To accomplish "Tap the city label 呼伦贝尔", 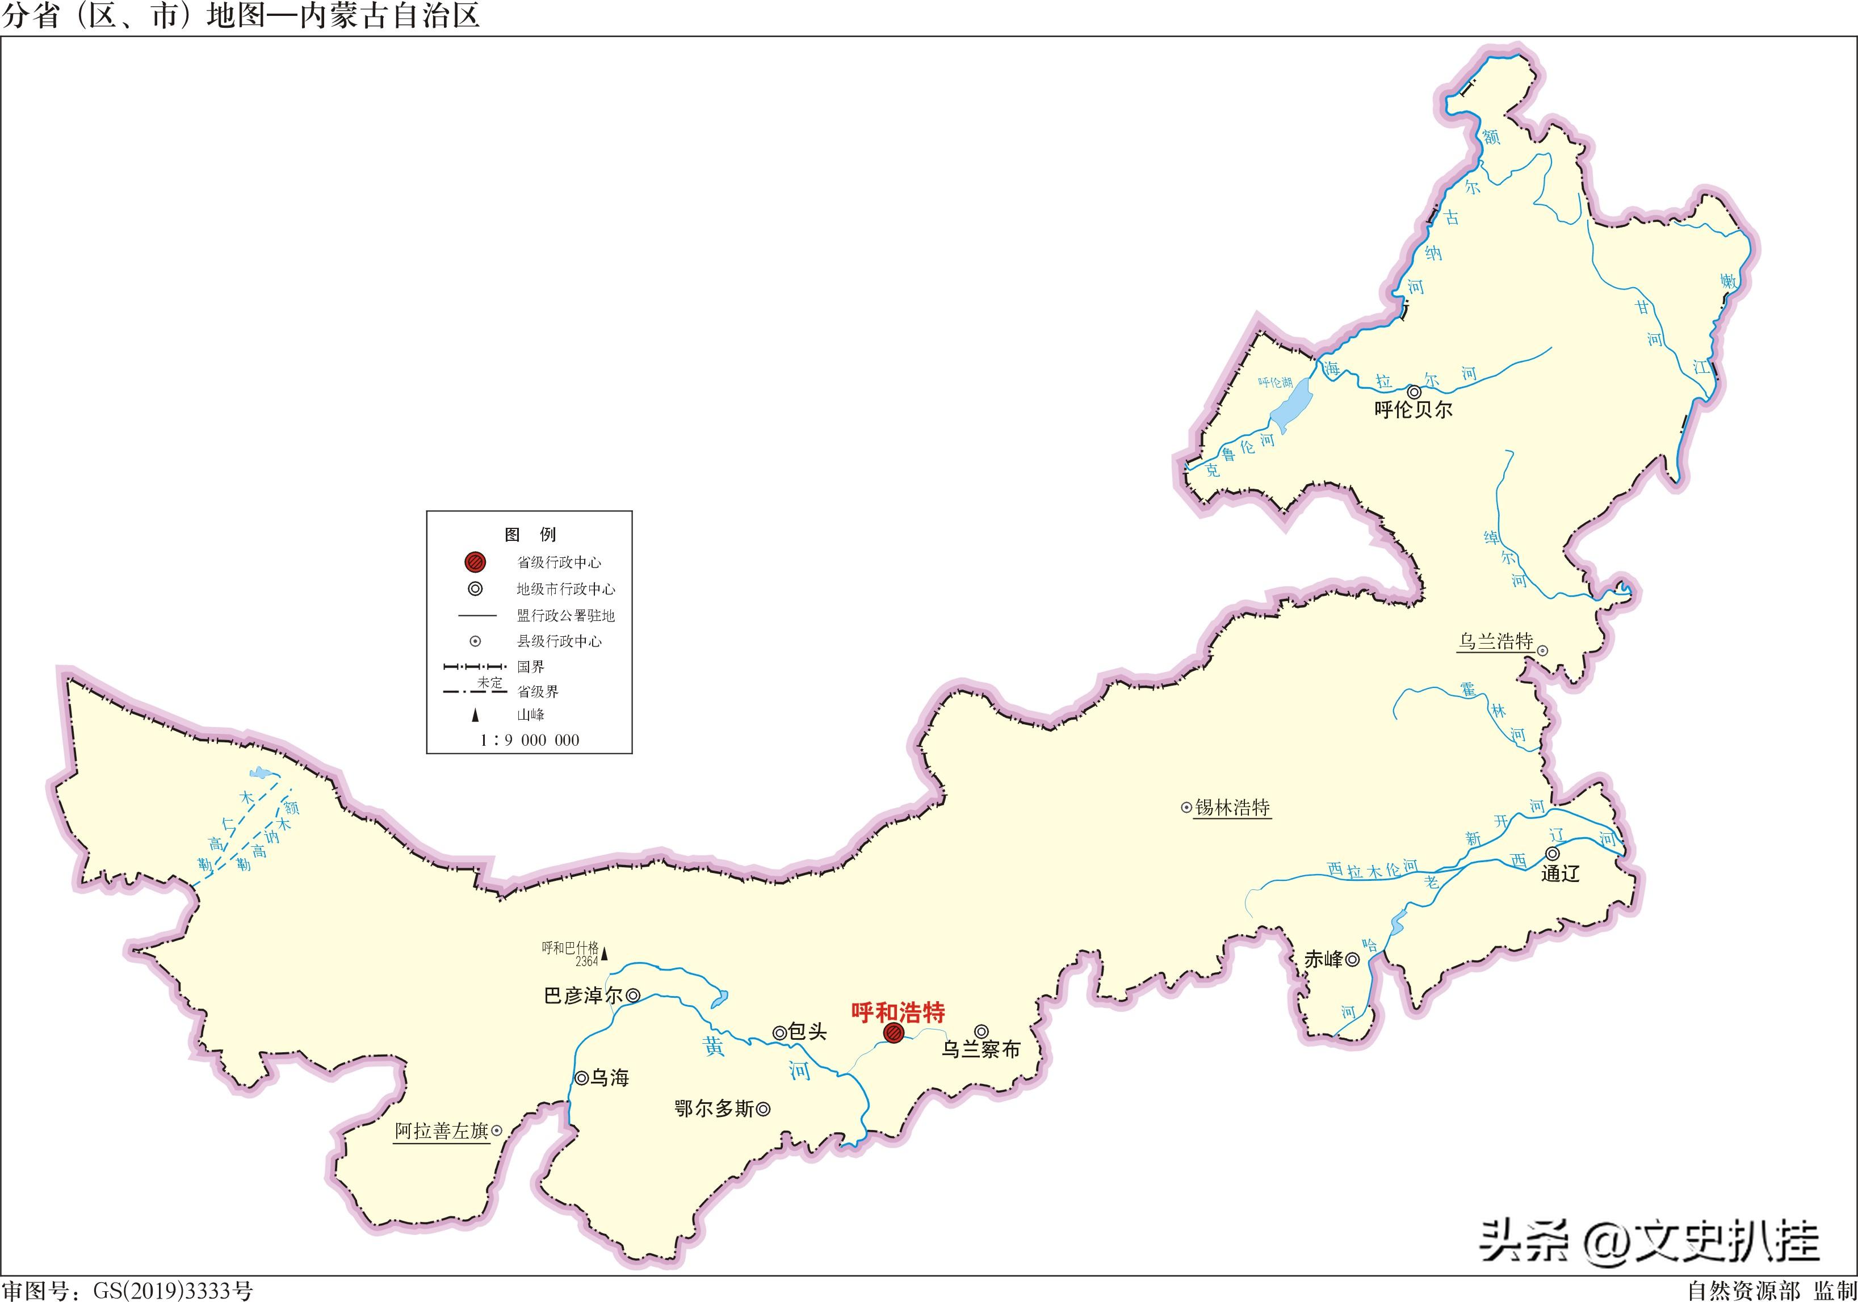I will tap(1413, 410).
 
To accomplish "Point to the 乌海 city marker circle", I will tap(581, 1078).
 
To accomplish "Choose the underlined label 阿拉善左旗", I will tap(442, 1131).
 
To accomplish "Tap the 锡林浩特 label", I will tap(1232, 808).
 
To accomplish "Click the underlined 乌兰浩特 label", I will tap(1495, 642).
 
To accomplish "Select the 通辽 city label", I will tap(1560, 874).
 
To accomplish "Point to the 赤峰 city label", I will tap(1324, 960).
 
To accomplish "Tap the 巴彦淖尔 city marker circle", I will tap(634, 996).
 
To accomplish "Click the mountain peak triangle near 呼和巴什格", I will tap(603, 954).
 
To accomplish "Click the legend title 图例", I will tap(530, 535).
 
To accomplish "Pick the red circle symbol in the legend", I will tap(476, 561).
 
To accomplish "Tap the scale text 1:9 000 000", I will tap(530, 740).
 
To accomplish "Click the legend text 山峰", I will tap(531, 715).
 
